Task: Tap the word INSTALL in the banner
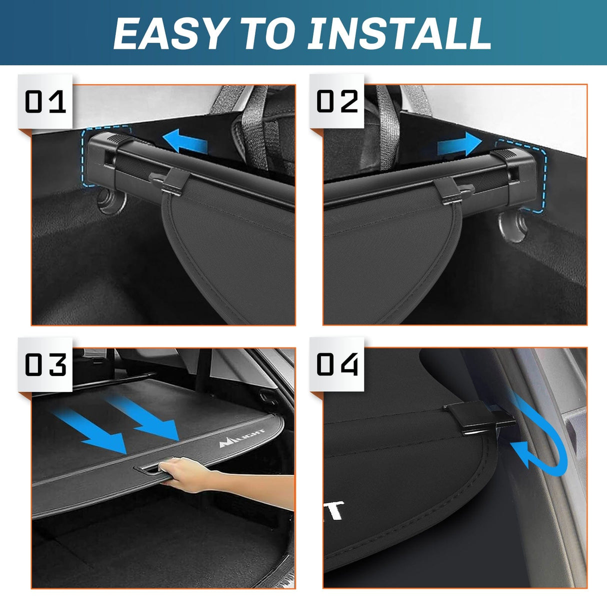[399, 33]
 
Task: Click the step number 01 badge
[45, 101]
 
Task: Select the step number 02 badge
[337, 101]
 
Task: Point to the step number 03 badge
[45, 364]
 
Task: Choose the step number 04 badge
[337, 364]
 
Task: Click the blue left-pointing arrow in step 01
[185, 141]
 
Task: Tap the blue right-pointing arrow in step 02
[459, 144]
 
